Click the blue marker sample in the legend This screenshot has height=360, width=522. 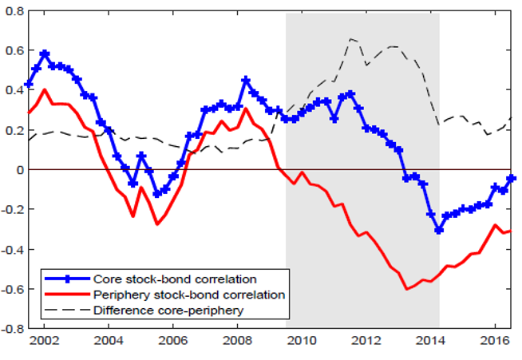(x=67, y=279)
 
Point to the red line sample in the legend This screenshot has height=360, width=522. (x=67, y=295)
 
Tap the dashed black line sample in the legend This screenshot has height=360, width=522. (x=67, y=309)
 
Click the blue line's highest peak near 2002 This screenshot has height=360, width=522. (x=45, y=53)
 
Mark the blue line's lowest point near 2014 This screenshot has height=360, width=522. (x=439, y=230)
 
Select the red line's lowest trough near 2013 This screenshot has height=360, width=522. (x=407, y=289)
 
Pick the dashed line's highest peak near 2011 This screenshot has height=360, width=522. (x=351, y=38)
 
